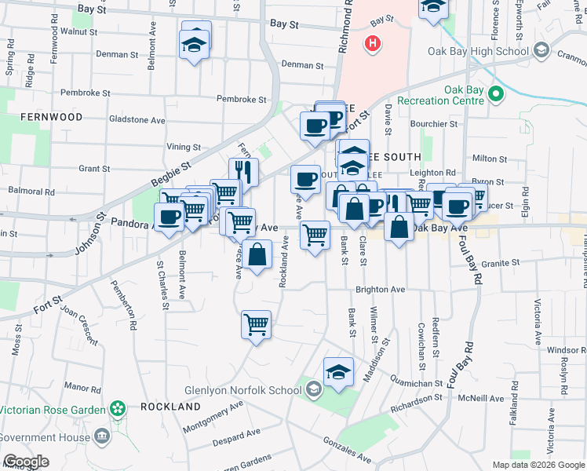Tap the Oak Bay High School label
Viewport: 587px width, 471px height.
coord(479,52)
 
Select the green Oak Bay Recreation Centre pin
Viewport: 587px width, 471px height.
coord(495,95)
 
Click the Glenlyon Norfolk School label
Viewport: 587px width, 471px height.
coord(242,390)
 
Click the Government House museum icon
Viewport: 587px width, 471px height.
coord(101,436)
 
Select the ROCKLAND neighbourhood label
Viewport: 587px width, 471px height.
coord(170,407)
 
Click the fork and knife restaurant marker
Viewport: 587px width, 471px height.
coord(244,173)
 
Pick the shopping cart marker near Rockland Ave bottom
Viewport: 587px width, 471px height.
coord(257,324)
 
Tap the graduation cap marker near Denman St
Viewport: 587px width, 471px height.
coord(194,45)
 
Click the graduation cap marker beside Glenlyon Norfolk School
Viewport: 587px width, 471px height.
coord(338,371)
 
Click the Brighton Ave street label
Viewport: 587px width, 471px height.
coord(380,290)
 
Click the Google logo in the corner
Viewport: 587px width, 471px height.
coord(26,462)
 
